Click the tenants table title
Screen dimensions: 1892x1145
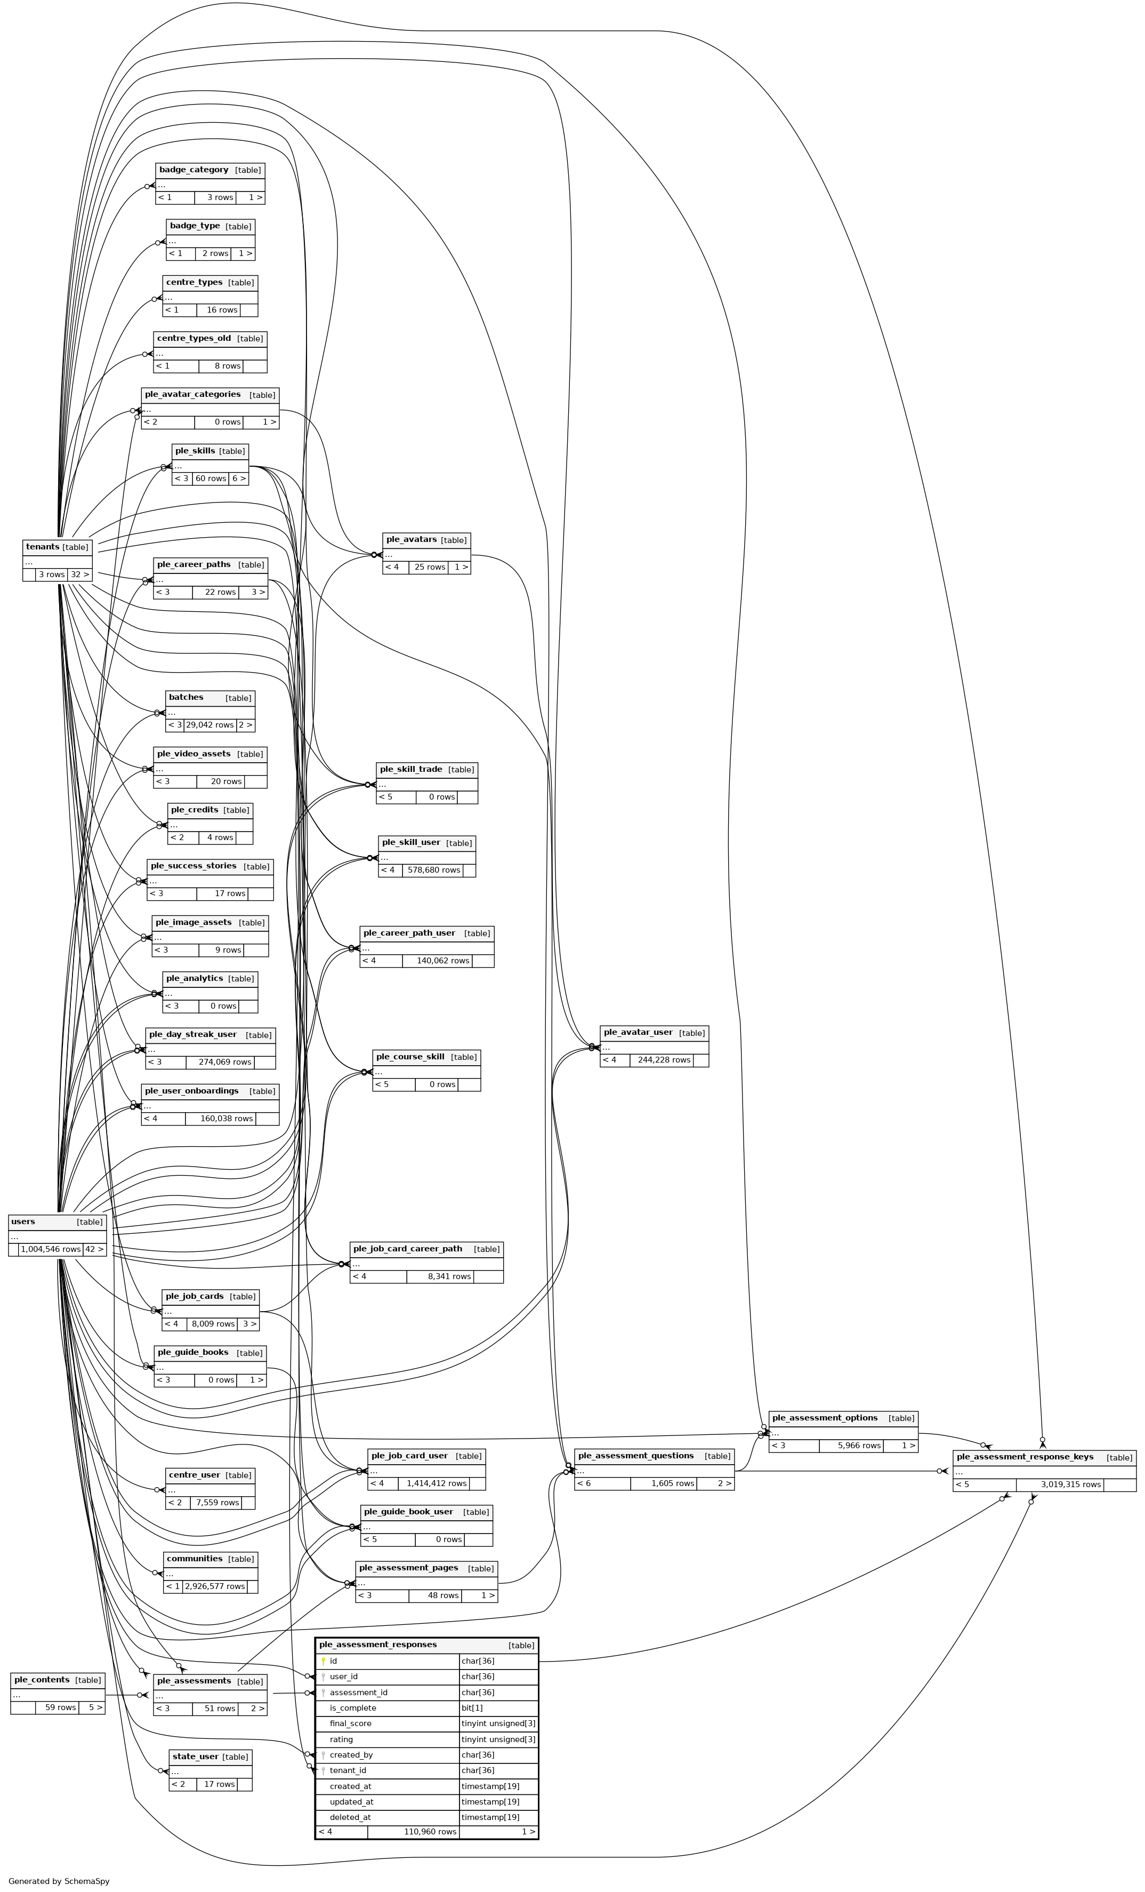tap(43, 547)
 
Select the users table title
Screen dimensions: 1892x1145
tap(23, 1222)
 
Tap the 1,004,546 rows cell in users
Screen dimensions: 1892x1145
tap(51, 1249)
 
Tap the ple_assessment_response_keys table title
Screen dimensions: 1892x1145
tap(1025, 1457)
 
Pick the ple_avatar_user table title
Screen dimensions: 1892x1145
tap(638, 1032)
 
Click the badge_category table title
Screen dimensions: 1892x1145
tap(193, 170)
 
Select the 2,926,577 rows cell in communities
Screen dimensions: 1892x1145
tap(215, 1586)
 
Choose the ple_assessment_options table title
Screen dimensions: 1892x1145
tap(824, 1417)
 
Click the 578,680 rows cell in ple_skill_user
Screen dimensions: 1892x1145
tap(433, 870)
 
